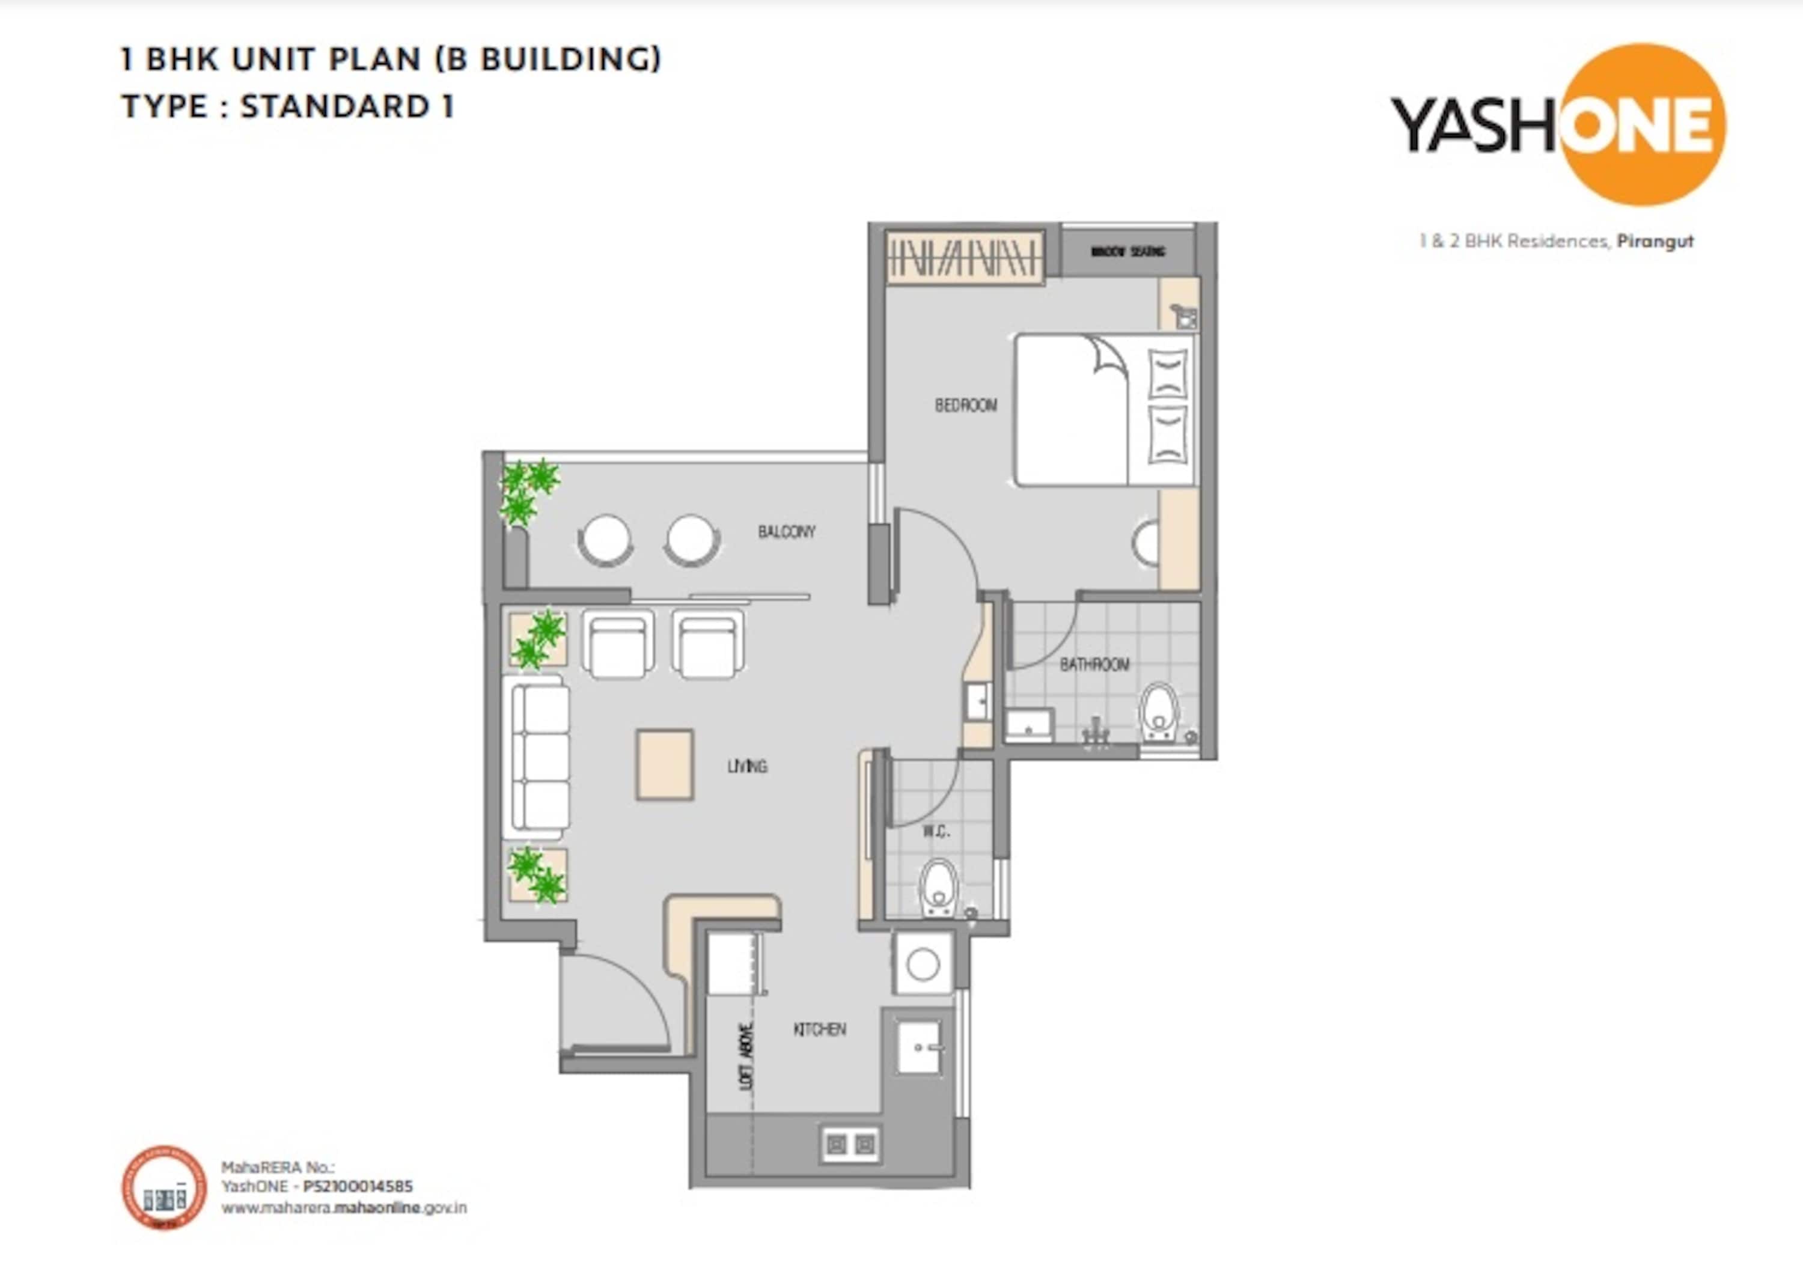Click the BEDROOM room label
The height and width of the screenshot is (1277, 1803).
point(966,405)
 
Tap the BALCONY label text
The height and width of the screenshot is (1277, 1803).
point(786,532)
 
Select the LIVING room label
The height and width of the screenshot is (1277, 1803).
point(747,766)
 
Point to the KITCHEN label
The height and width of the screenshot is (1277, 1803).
point(819,1029)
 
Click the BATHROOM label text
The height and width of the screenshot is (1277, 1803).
point(1094,665)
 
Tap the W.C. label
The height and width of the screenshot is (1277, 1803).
point(936,831)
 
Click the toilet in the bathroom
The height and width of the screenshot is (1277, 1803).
point(1159,712)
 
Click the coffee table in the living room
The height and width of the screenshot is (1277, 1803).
point(665,764)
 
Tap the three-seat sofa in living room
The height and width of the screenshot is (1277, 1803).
point(540,757)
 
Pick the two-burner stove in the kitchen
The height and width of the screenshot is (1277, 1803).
point(850,1145)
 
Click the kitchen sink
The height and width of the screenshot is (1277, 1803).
point(918,1047)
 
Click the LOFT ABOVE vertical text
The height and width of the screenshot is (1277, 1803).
point(746,1055)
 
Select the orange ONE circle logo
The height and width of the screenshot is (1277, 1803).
point(1642,124)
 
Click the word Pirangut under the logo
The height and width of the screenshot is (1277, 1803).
point(1655,242)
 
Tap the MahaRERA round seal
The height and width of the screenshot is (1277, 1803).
point(163,1187)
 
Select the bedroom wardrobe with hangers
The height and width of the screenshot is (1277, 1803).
point(964,255)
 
